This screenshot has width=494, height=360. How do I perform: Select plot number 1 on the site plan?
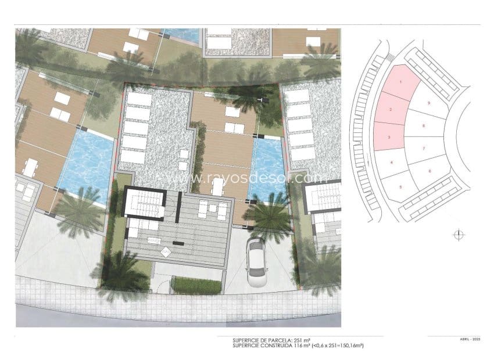click(400, 81)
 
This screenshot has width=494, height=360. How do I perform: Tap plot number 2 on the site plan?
click(391, 109)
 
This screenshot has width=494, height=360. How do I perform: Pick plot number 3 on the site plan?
click(388, 137)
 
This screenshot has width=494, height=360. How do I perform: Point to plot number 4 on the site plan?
click(392, 162)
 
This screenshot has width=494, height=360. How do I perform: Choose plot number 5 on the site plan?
click(400, 186)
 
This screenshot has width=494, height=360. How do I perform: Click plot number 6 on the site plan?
click(429, 171)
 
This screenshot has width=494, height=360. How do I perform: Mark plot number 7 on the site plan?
click(424, 149)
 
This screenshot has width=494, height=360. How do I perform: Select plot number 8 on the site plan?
click(424, 125)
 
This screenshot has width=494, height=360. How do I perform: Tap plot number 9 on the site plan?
click(428, 103)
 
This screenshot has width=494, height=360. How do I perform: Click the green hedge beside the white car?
click(198, 285)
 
